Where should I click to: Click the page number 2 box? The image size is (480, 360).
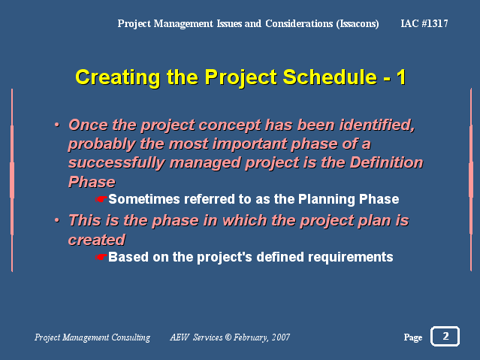point(445,337)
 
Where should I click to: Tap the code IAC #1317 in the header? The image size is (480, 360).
point(424,23)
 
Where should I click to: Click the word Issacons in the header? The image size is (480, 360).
point(358,24)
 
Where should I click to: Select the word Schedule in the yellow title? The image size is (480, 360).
point(330,77)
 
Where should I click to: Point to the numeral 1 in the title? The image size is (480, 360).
point(401,77)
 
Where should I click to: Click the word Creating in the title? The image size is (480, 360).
point(118,77)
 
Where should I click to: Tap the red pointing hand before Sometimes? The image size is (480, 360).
point(101,199)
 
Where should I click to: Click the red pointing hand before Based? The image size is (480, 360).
point(101,257)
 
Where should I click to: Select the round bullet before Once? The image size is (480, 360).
point(56,125)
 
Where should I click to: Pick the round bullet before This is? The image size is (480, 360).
point(56,220)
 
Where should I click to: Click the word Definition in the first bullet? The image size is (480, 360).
point(386,162)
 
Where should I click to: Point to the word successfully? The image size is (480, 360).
point(116,163)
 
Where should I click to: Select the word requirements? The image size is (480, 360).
point(350,257)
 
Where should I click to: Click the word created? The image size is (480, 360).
point(96,240)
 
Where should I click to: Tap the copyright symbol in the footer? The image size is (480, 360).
point(228,337)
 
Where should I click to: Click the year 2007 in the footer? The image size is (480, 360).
point(281,337)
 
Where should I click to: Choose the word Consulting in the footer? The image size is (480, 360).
point(131,337)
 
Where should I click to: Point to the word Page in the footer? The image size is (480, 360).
point(413,337)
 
